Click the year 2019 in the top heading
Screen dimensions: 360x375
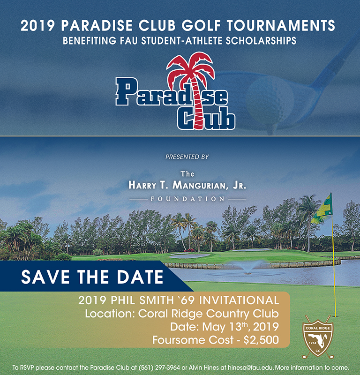[x=38, y=26]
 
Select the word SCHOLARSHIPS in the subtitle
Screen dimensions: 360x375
[x=261, y=41]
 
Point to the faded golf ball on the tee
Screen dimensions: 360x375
[x=270, y=100]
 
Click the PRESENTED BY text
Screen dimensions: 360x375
[x=187, y=157]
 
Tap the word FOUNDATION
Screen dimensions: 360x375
[x=187, y=199]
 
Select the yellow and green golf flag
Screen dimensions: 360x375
[x=322, y=209]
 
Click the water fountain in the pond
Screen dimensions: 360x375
[x=247, y=268]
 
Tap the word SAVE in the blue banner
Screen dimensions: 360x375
[x=45, y=277]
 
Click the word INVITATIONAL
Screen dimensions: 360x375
[x=239, y=300]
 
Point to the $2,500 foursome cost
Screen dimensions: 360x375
[x=261, y=340]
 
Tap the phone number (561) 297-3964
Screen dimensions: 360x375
[x=159, y=367]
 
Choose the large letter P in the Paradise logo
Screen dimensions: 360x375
[x=126, y=91]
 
